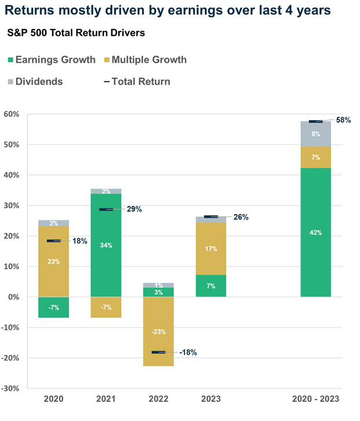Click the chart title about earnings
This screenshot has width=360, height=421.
(174, 10)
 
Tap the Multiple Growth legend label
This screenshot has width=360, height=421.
(149, 60)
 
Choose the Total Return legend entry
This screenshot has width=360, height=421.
(137, 82)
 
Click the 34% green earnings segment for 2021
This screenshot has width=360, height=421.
(106, 245)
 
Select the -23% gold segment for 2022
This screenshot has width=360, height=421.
(158, 332)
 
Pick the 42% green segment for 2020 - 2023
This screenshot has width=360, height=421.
(315, 233)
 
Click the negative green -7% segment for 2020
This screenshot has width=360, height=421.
(54, 307)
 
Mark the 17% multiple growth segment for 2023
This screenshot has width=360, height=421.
(210, 249)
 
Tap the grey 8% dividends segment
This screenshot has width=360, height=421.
(315, 133)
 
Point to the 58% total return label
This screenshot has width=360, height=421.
(343, 120)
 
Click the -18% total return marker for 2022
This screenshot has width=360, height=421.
(158, 352)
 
